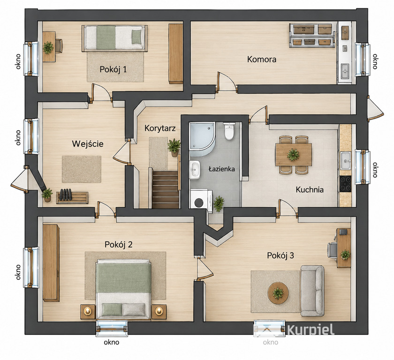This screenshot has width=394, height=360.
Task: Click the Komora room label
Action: pos(262,60)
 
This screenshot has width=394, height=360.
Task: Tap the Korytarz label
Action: pos(160,128)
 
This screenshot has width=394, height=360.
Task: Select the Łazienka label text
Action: pos(221,169)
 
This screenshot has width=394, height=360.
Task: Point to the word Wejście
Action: pos(88,143)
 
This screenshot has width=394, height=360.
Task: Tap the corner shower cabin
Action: pos(202,137)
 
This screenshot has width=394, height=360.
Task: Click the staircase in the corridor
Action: pos(166,189)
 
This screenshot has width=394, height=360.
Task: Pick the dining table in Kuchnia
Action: pos(294,154)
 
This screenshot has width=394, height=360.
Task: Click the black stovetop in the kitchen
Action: pos(346,184)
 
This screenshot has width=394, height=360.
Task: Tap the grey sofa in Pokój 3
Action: pos(312,291)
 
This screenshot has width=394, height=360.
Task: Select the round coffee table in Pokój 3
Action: pos(278,293)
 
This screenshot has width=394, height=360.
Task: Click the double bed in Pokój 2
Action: pos(123,290)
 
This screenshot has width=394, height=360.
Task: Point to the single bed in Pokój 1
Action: pos(114,38)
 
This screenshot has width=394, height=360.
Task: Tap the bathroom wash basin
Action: pos(195,170)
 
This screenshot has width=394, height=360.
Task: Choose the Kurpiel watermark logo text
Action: pos(311,329)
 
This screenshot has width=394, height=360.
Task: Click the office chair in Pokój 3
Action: pos(333,250)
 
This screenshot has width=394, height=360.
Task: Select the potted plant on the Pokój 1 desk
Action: pos(48,48)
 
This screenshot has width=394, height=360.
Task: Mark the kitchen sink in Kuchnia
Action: pos(346,160)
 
